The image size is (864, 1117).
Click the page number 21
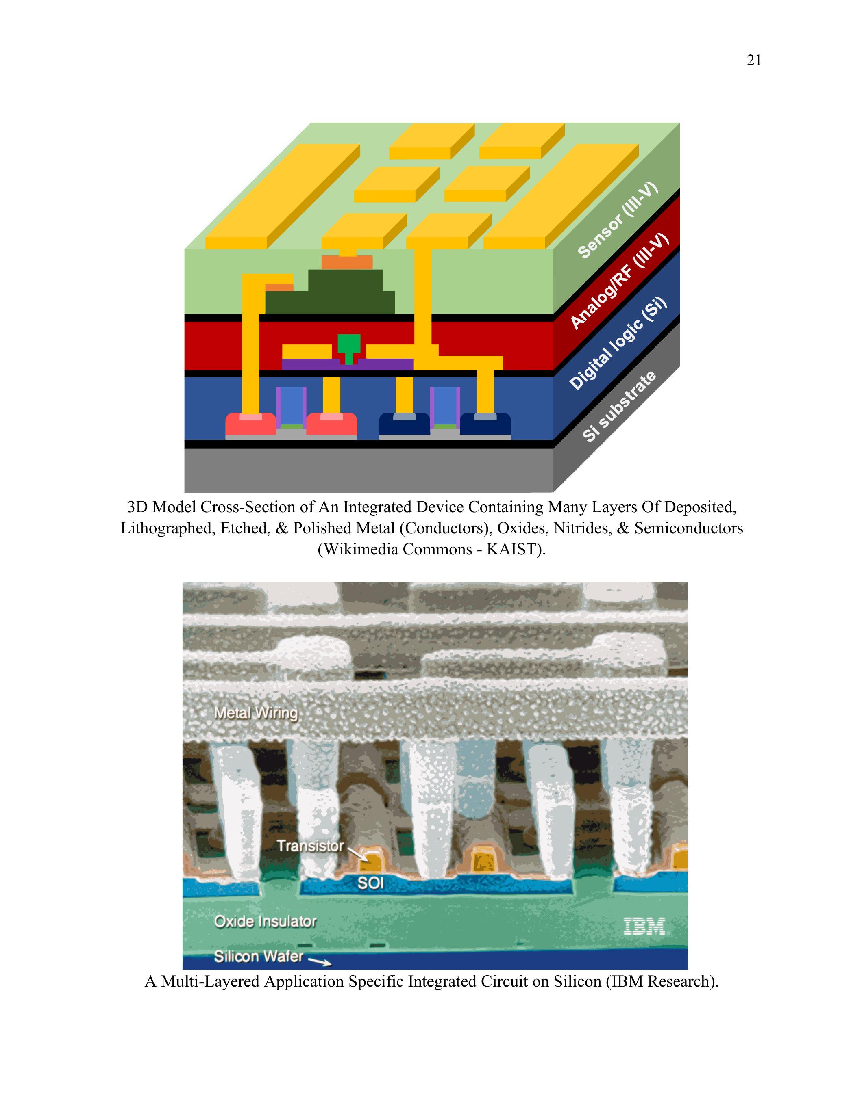point(754,61)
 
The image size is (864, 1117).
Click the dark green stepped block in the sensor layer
point(330,292)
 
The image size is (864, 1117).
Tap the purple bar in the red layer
point(348,364)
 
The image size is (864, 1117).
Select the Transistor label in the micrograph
point(310,846)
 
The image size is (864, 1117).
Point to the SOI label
point(370,883)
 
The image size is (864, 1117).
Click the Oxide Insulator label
point(265,922)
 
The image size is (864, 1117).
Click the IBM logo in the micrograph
point(644,926)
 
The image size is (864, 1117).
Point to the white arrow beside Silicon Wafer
point(320,961)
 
